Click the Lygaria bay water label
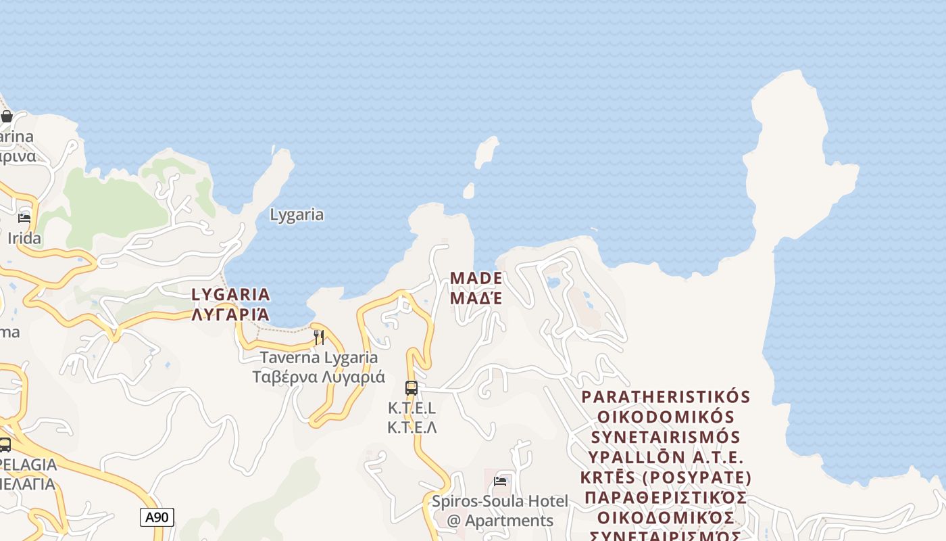click(297, 215)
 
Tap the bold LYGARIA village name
click(230, 294)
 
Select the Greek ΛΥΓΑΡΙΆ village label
click(230, 314)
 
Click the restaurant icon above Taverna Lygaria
click(319, 337)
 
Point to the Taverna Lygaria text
click(319, 358)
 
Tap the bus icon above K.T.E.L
click(412, 388)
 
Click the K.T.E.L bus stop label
click(412, 408)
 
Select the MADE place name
click(476, 278)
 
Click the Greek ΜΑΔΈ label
click(476, 298)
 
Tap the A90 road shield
click(157, 517)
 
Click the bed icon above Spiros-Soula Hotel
click(500, 481)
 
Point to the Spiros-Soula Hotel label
click(500, 502)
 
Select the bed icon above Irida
click(24, 218)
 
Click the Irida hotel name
click(24, 238)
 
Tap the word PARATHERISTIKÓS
click(666, 396)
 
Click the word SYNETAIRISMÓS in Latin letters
click(666, 437)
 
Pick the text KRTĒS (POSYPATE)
click(666, 477)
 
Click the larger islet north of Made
click(486, 151)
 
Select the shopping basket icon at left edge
click(7, 116)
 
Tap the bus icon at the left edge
click(5, 444)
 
